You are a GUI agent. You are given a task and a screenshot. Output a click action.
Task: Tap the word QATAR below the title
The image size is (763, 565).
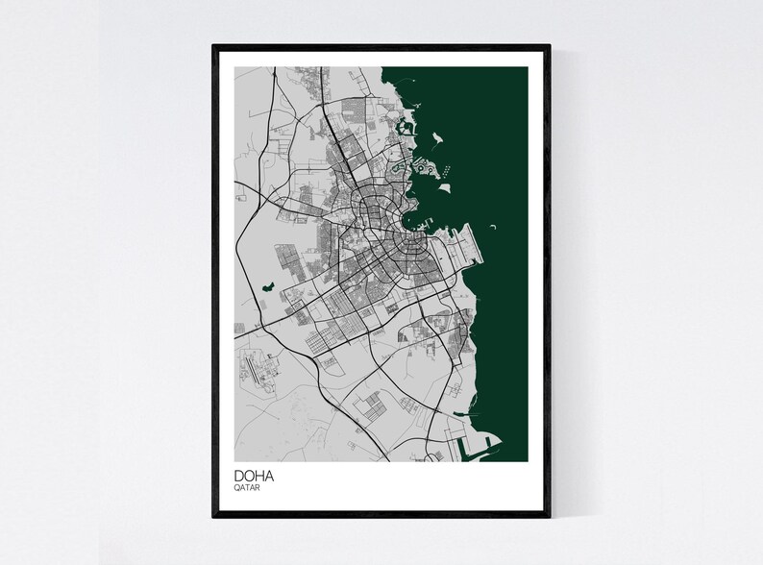coord(247,487)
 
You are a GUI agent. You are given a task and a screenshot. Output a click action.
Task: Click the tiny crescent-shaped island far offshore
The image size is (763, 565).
coord(493,228)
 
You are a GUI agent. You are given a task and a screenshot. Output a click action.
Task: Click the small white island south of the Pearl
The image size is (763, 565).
coord(444,189)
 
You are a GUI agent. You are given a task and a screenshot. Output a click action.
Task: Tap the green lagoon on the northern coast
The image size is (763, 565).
coord(401,125)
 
